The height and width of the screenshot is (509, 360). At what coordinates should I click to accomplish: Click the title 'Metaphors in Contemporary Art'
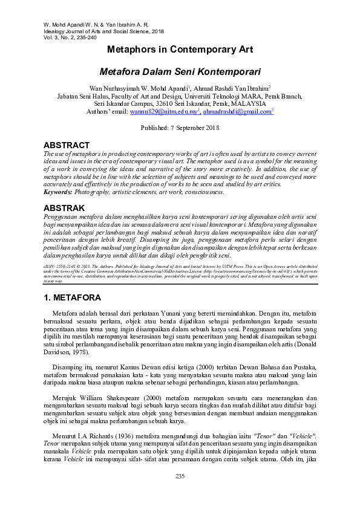180,50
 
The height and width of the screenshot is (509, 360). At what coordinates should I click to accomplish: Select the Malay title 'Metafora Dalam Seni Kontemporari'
180,71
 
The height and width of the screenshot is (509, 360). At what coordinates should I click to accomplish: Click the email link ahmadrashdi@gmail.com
237,112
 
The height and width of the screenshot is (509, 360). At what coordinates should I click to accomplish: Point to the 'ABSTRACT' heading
67,146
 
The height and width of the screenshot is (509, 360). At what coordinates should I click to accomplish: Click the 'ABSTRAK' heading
64,207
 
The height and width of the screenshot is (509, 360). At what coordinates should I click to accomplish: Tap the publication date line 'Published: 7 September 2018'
180,129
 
